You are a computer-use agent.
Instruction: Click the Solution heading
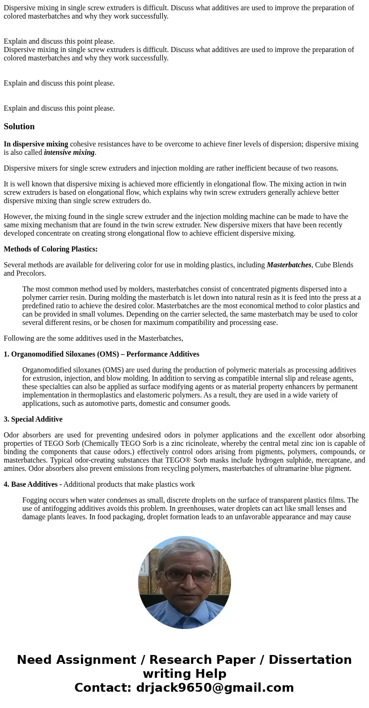(x=19, y=126)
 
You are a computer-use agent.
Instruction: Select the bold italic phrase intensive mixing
(x=69, y=152)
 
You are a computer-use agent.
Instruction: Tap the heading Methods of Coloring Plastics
(x=51, y=249)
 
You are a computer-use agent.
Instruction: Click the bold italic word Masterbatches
(x=289, y=265)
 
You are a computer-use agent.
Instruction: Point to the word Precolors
(x=32, y=273)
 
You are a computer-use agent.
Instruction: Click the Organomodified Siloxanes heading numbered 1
(x=101, y=354)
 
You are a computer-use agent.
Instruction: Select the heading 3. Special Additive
(x=33, y=419)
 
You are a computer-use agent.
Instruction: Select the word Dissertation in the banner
(x=310, y=660)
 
